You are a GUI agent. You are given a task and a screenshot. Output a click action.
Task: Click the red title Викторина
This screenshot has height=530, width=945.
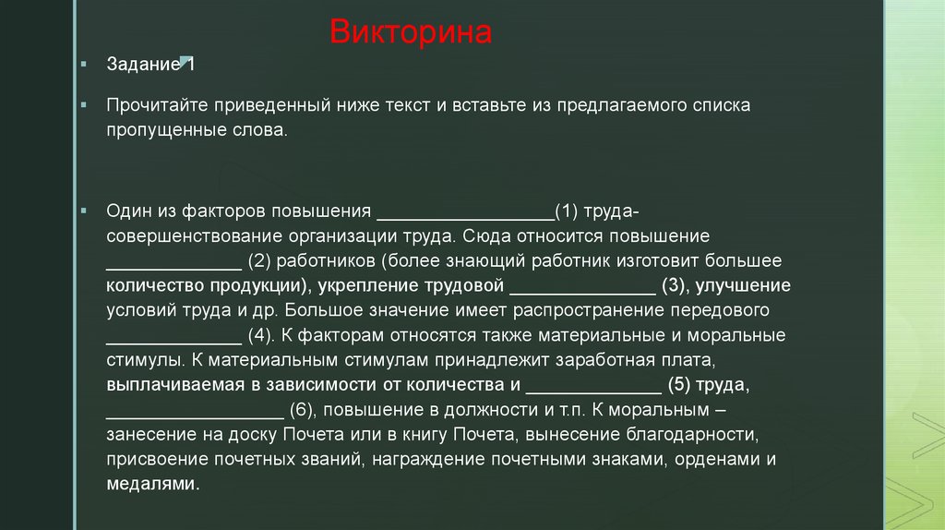(x=411, y=34)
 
